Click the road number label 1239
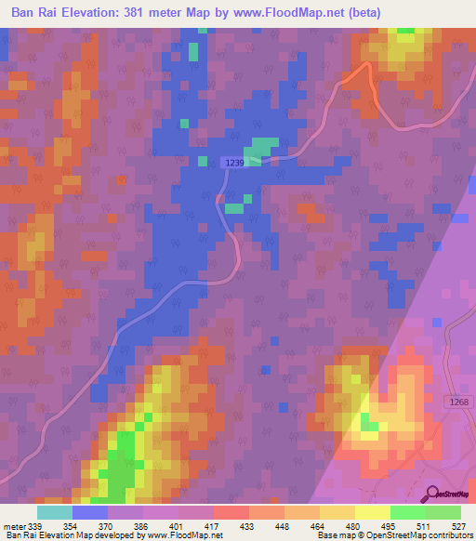[x=233, y=162]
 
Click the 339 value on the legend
[x=34, y=525]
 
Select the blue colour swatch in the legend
[x=90, y=512]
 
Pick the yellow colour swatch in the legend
[x=372, y=512]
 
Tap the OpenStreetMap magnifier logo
[x=430, y=494]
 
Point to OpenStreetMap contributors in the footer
[x=417, y=535]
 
